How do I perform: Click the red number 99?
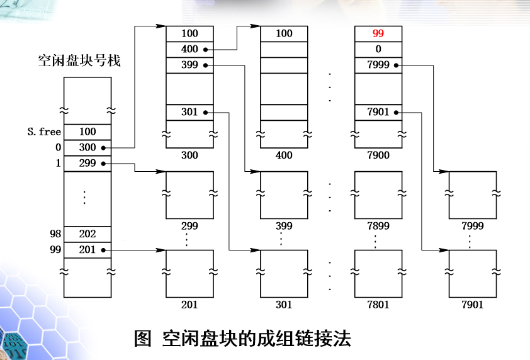378,33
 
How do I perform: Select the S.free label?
45,132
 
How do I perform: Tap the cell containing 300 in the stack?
87,147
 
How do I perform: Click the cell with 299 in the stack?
87,163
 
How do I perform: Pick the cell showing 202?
87,233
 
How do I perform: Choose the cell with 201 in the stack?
87,250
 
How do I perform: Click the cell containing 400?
189,49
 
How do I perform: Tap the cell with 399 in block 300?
189,65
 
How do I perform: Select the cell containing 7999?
378,65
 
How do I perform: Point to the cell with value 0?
378,49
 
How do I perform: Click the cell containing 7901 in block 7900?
378,112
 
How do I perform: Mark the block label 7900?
378,155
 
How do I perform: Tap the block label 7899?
378,225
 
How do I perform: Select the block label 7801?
378,305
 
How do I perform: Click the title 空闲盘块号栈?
79,61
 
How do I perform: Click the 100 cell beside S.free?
87,132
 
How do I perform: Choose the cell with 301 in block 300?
189,112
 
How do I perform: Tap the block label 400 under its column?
284,155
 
